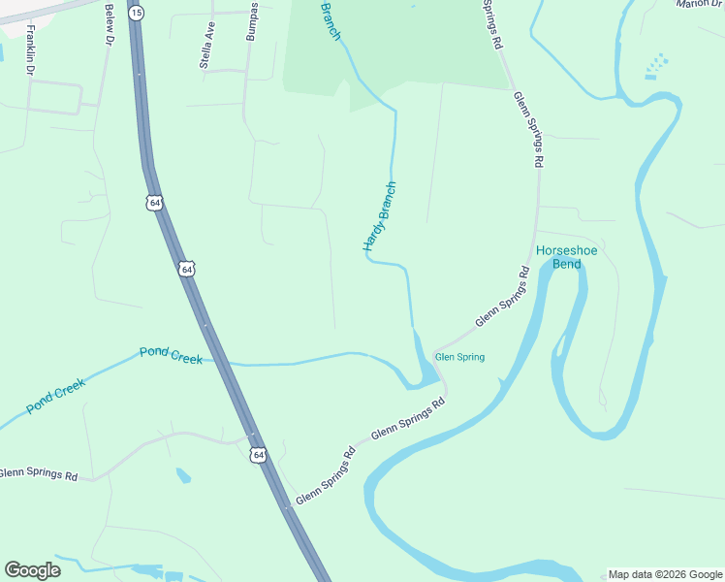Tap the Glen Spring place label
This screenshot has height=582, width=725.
point(459,357)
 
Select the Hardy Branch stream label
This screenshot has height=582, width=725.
point(380,217)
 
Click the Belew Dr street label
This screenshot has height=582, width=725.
point(107,23)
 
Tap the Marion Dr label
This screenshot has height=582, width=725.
point(700,4)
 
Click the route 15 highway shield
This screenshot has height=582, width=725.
point(137,12)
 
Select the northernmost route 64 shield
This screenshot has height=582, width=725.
point(155,203)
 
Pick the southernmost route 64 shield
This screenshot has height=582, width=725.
point(257,454)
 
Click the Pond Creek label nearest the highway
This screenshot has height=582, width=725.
point(171,355)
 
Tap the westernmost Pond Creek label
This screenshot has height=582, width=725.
point(56,396)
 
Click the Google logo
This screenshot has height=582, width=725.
point(32,570)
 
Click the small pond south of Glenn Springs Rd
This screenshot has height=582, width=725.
point(183,475)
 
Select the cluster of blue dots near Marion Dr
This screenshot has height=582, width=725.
point(657,66)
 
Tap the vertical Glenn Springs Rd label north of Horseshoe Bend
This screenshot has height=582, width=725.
point(527,130)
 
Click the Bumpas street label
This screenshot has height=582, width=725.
point(253,21)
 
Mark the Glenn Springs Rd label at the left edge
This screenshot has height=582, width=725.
point(39,473)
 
